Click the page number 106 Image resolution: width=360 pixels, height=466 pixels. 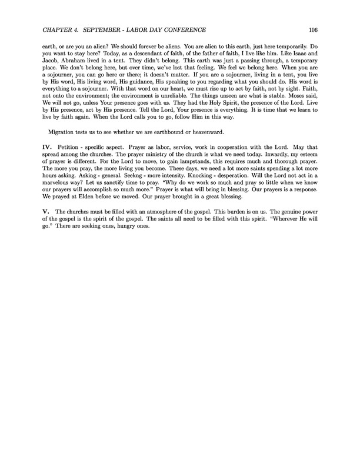[x=313, y=30]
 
